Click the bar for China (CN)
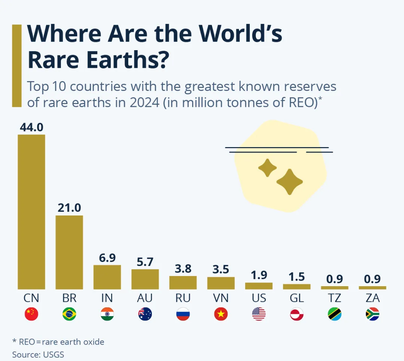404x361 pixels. (31, 212)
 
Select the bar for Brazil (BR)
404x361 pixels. (69, 252)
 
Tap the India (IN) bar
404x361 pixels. (107, 277)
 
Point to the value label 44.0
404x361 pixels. (31, 127)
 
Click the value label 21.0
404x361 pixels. (69, 208)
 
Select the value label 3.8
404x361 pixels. (183, 269)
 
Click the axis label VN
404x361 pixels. (221, 298)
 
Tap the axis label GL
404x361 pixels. (296, 298)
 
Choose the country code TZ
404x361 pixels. (334, 298)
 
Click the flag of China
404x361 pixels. (31, 314)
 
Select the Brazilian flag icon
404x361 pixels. (69, 314)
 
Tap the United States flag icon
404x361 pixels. (258, 314)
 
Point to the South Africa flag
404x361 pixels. (372, 314)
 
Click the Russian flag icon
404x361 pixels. (183, 314)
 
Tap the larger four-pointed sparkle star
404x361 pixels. (289, 182)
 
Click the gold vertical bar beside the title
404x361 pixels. (17, 66)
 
